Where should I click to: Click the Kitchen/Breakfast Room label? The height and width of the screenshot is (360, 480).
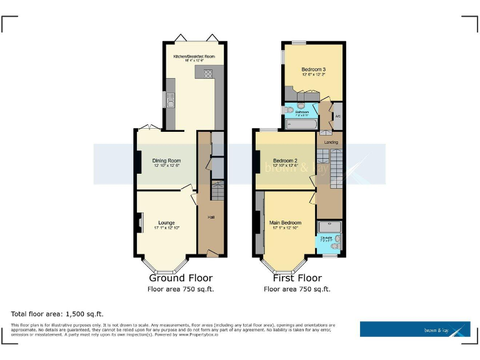click(x=194, y=56)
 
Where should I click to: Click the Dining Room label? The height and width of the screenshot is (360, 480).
click(x=166, y=161)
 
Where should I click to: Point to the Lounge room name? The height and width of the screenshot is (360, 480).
click(x=166, y=222)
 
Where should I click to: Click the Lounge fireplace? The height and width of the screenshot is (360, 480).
click(x=140, y=222)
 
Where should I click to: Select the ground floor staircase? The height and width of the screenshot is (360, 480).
click(x=217, y=190)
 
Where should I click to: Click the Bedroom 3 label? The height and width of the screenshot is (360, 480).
click(x=313, y=69)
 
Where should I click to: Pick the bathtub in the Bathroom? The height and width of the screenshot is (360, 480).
click(x=302, y=124)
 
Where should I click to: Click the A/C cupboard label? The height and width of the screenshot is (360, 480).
click(x=337, y=116)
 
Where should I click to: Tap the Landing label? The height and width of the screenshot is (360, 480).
click(x=331, y=142)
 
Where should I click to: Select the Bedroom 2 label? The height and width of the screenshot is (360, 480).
click(x=284, y=161)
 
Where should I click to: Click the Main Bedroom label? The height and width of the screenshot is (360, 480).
click(x=285, y=222)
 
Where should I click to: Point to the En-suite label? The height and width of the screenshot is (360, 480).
click(x=327, y=237)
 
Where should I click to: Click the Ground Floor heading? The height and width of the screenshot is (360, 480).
click(x=180, y=278)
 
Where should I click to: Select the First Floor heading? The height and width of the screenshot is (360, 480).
click(x=297, y=278)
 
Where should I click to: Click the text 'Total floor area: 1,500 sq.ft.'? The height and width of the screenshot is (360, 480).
click(x=57, y=314)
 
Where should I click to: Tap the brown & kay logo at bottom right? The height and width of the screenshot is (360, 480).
click(x=415, y=329)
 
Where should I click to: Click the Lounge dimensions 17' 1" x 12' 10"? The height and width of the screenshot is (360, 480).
click(x=166, y=228)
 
